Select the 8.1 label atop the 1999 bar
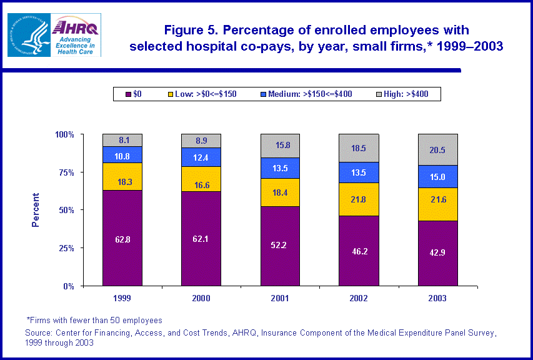pyautogui.click(x=122, y=141)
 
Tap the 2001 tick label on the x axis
pyautogui.click(x=280, y=298)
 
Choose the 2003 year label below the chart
pyautogui.click(x=437, y=298)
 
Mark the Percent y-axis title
pyautogui.click(x=36, y=210)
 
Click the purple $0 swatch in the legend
pyautogui.click(x=129, y=94)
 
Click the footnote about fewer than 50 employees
pyautogui.click(x=94, y=320)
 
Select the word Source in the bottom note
pyautogui.click(x=39, y=332)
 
